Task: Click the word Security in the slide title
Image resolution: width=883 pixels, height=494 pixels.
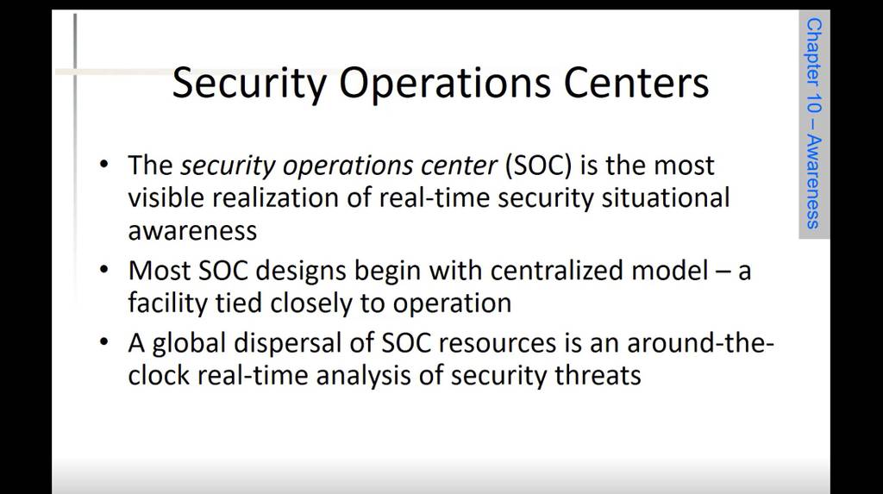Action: (249, 84)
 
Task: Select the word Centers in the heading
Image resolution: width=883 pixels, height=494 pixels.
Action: (636, 83)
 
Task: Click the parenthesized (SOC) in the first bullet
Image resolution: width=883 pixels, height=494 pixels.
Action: (540, 166)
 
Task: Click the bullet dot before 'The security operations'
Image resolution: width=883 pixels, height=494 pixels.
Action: (103, 165)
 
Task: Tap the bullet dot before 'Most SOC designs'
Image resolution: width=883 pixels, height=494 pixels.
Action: (103, 270)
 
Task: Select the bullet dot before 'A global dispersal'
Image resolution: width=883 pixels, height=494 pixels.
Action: (103, 342)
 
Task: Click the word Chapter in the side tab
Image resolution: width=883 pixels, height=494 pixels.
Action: (814, 52)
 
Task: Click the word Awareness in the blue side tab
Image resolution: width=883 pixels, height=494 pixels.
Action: (814, 182)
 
